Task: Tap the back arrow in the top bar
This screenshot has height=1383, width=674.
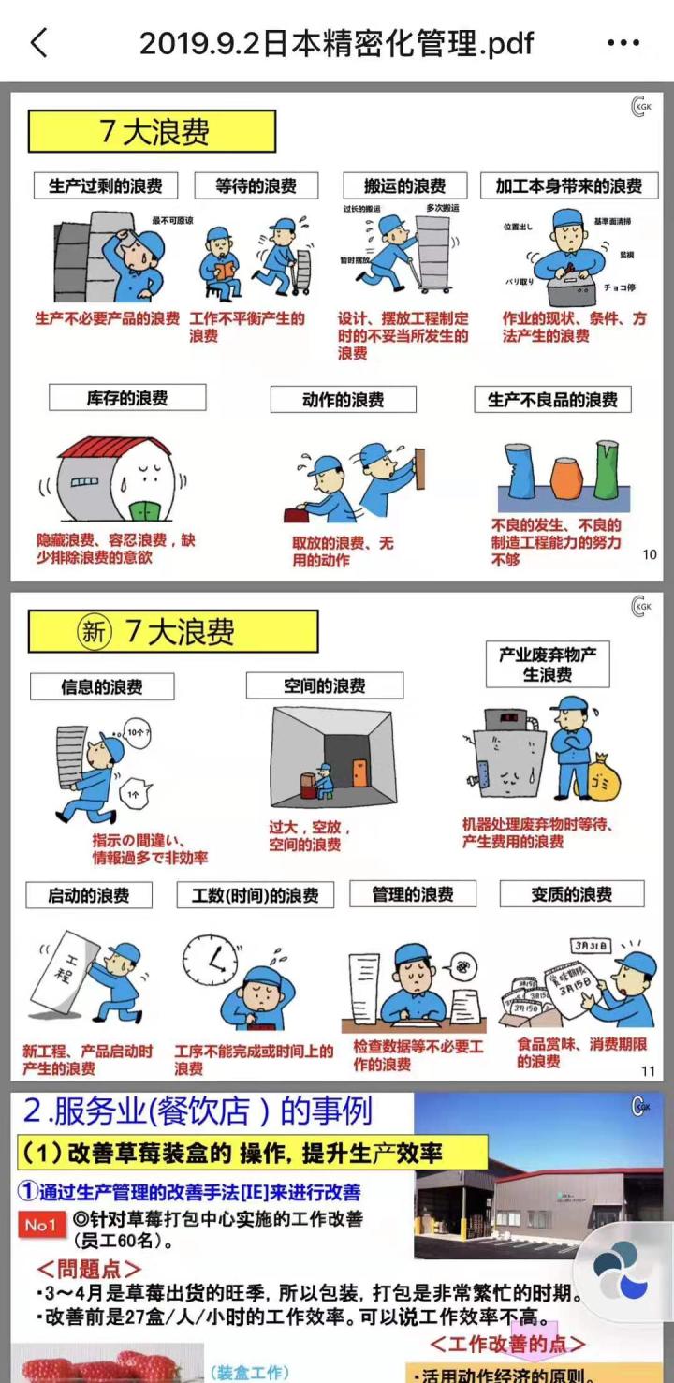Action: point(38,42)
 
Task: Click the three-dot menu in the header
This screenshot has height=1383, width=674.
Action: point(623,42)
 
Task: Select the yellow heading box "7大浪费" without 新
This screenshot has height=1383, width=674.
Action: point(152,131)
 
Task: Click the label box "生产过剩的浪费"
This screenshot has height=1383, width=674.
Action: point(105,185)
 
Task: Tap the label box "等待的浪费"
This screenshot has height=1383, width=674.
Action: point(256,185)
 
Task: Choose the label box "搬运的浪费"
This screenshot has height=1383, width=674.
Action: point(404,185)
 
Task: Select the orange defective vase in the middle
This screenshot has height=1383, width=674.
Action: point(565,478)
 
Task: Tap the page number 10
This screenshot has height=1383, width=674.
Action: point(650,554)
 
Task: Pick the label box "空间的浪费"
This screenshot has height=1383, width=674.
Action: point(324,685)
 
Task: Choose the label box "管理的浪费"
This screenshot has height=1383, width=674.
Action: point(412,894)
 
